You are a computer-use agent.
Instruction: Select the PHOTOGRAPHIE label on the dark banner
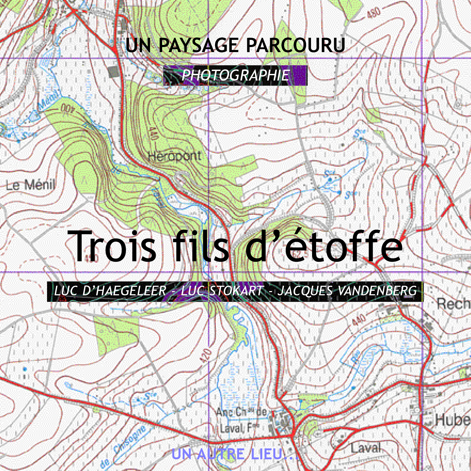(235, 75)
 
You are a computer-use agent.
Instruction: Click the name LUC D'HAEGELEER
(110, 291)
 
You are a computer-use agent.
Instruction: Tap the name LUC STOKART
(222, 291)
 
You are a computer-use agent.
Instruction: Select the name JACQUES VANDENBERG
(347, 291)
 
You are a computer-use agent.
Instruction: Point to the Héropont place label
(174, 156)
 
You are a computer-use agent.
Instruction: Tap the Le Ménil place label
(31, 184)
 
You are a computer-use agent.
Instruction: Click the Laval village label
(366, 448)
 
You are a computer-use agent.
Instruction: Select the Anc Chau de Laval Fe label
(241, 420)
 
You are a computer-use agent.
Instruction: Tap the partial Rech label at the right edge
(453, 304)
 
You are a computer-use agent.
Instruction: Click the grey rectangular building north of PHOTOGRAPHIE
(113, 72)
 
